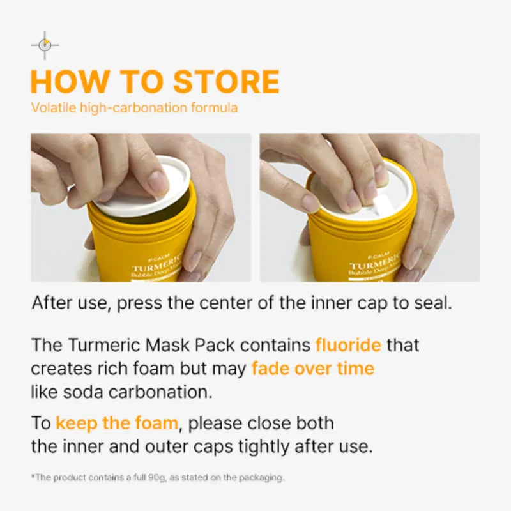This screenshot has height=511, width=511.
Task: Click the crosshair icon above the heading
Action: (45, 45)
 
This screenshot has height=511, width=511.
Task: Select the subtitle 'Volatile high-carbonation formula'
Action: (134, 107)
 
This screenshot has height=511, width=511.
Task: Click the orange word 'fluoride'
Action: (348, 346)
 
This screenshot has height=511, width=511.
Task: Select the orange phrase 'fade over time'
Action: (312, 369)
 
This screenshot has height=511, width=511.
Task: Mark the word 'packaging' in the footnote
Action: (264, 477)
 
